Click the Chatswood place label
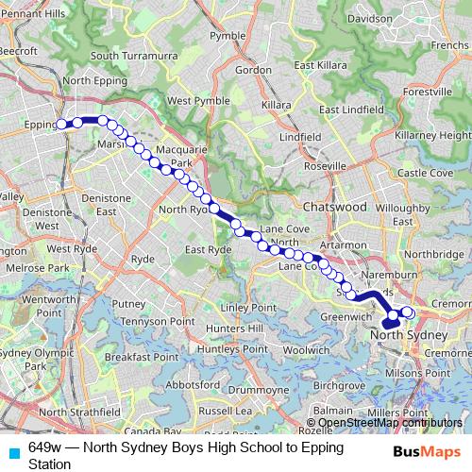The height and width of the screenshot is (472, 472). click(335, 206)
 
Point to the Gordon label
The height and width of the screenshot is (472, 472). click(254, 69)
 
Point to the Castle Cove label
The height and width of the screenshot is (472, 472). click(425, 173)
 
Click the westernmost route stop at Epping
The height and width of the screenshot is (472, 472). click(61, 124)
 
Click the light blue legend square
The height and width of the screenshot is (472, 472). click(13, 450)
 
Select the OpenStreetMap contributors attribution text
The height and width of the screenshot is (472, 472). click(391, 422)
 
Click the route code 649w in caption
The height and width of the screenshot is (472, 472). click(46, 447)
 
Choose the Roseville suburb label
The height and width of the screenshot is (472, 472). click(325, 166)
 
